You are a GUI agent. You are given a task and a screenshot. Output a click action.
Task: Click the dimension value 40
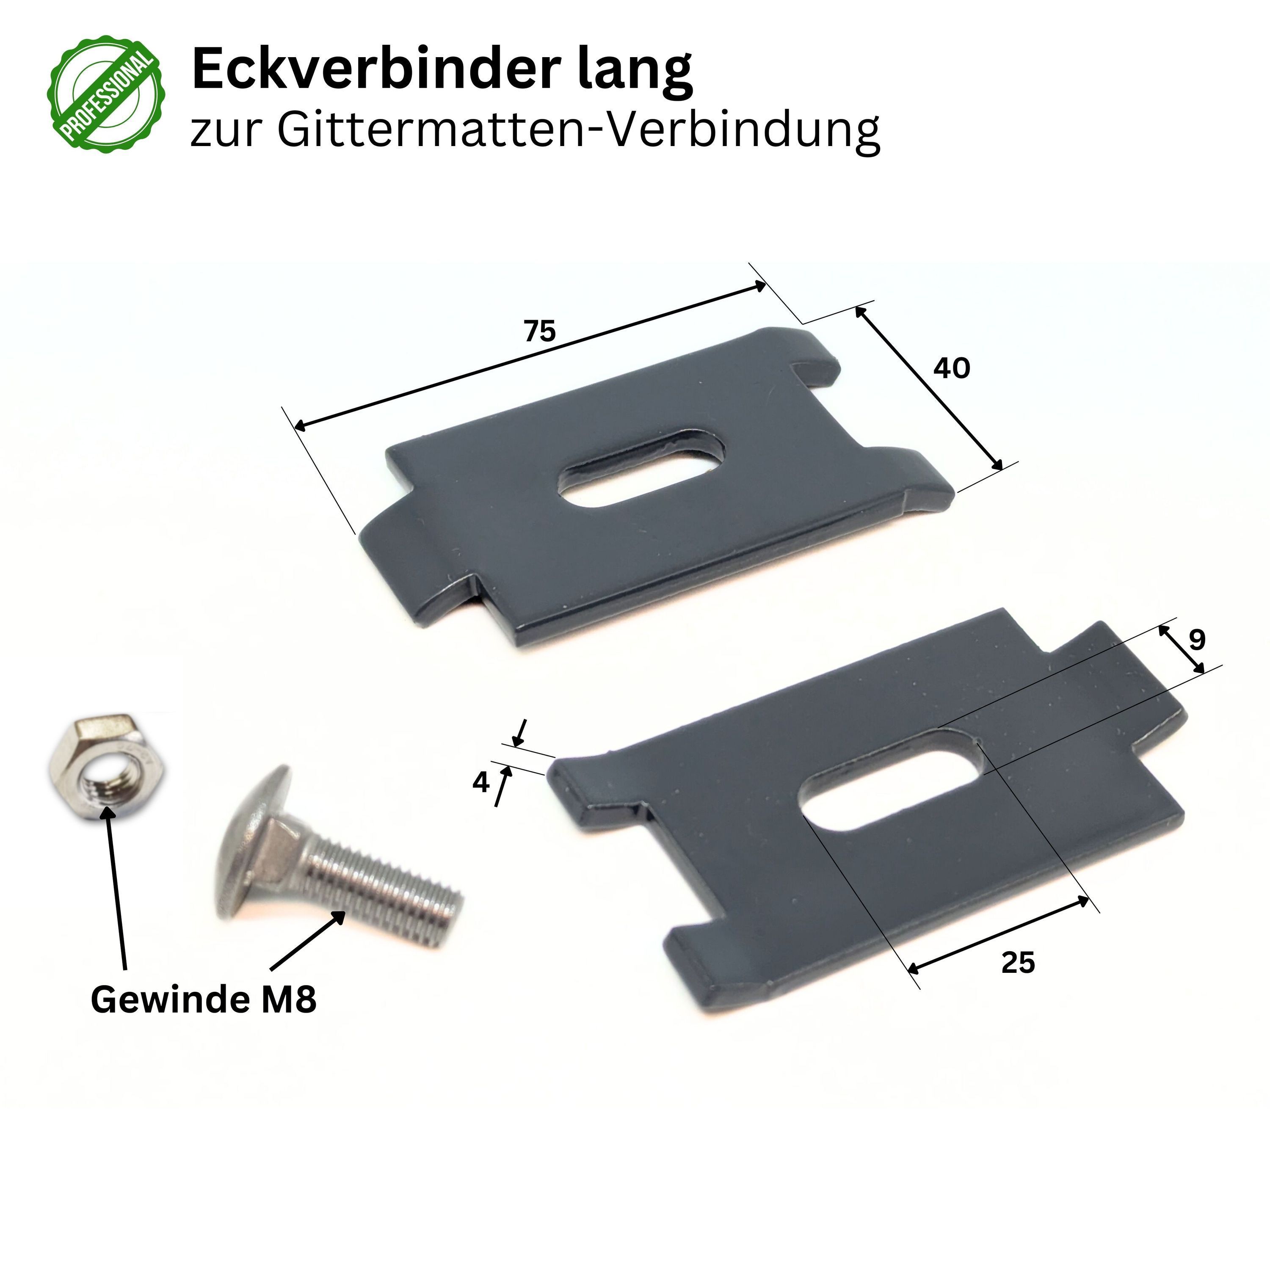951,368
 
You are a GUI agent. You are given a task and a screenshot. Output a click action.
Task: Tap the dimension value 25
1018,963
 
